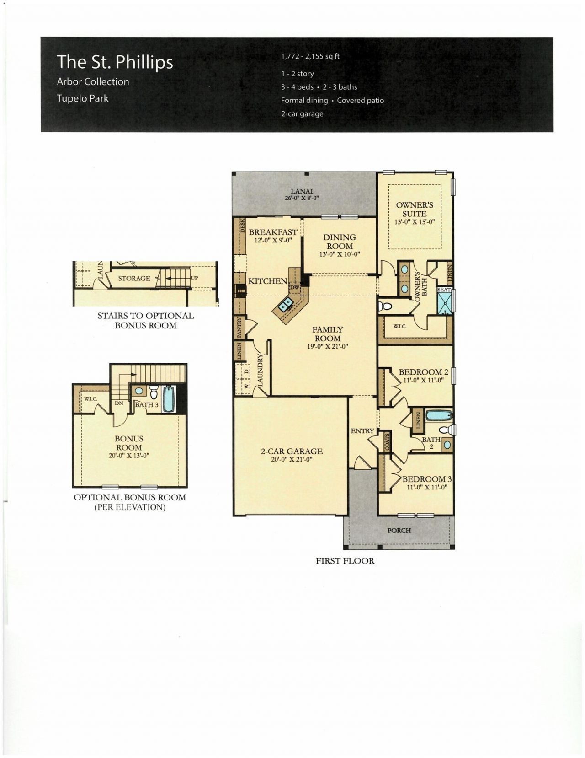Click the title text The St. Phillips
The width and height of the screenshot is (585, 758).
pos(115,62)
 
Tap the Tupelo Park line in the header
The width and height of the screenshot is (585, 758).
pos(83,98)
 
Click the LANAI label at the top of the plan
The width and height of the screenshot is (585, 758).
pos(302,191)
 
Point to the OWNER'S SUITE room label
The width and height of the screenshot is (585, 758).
pos(415,210)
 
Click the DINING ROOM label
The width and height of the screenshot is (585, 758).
pos(340,242)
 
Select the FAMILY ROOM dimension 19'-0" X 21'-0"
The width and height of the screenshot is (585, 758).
pos(328,347)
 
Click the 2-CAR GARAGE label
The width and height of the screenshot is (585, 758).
pos(292,452)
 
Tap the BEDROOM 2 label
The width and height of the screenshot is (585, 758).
pos(423,372)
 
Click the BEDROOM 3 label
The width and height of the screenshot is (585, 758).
pos(427,479)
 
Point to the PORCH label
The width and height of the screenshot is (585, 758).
pos(399,531)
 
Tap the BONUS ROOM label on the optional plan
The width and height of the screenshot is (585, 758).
pos(129,443)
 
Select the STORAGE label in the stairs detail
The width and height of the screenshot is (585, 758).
pos(134,278)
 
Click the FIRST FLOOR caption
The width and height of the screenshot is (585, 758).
pos(345,561)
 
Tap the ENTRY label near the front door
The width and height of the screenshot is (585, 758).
pos(362,431)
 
